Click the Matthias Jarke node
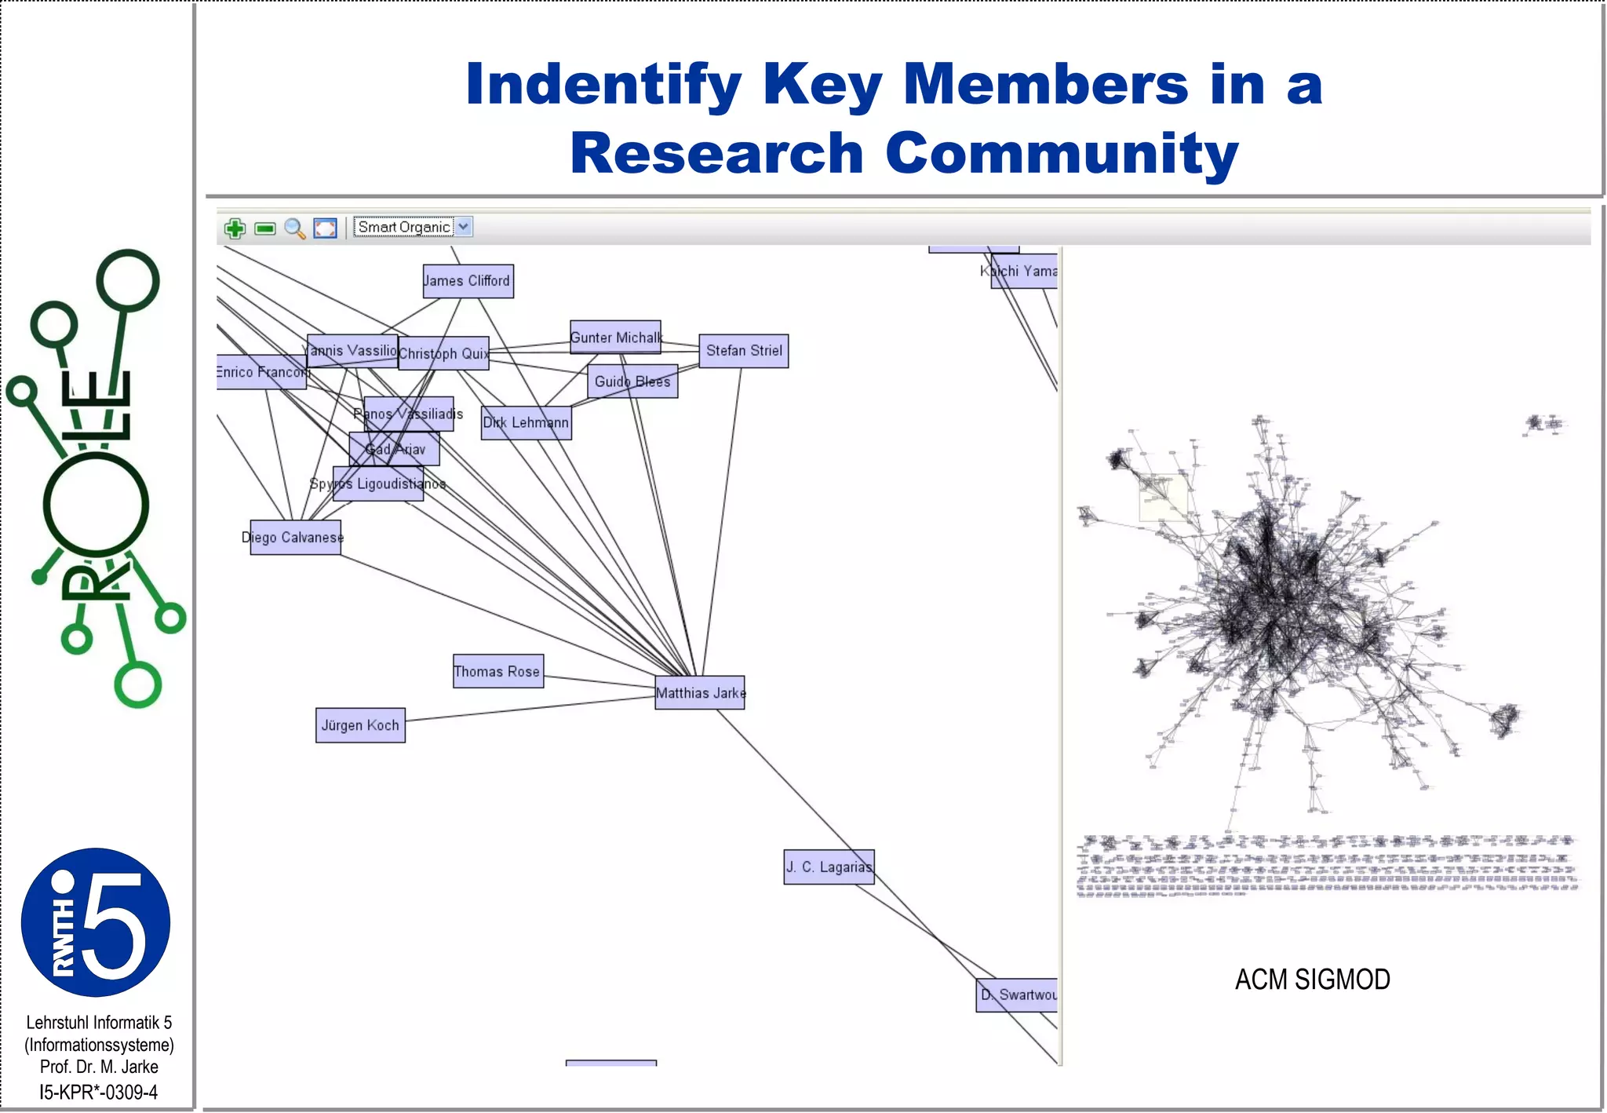[700, 693]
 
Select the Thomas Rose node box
[497, 671]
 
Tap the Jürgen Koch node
[360, 725]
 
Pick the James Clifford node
[468, 281]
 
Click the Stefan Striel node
[743, 351]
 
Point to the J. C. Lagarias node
[829, 867]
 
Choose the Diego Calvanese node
[295, 538]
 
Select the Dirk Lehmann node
[526, 422]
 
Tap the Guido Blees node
[632, 381]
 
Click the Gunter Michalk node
[615, 338]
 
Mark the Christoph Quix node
[443, 353]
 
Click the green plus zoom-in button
[235, 228]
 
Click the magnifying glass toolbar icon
[295, 228]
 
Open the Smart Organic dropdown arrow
[464, 227]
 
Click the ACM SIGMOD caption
[1312, 980]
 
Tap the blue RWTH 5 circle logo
[96, 922]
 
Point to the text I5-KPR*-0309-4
[99, 1092]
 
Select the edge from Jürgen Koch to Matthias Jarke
[530, 709]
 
